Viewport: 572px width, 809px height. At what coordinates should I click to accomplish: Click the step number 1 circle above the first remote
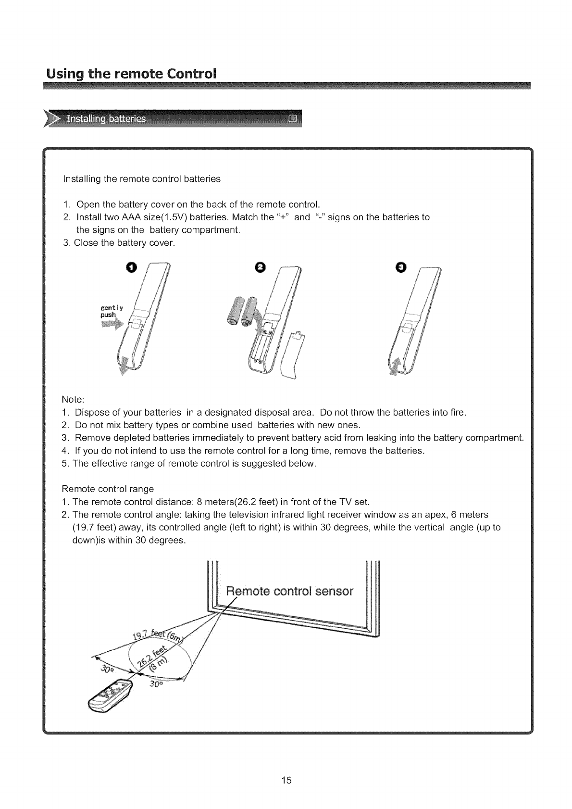[133, 268]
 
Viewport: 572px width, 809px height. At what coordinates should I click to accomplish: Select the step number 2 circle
[260, 268]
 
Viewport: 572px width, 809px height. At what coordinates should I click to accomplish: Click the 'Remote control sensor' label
[290, 591]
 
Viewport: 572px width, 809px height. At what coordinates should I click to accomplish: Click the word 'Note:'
[74, 400]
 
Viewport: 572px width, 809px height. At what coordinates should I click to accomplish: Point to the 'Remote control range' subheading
[108, 489]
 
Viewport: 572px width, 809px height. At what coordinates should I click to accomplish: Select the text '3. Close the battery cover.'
[119, 243]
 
